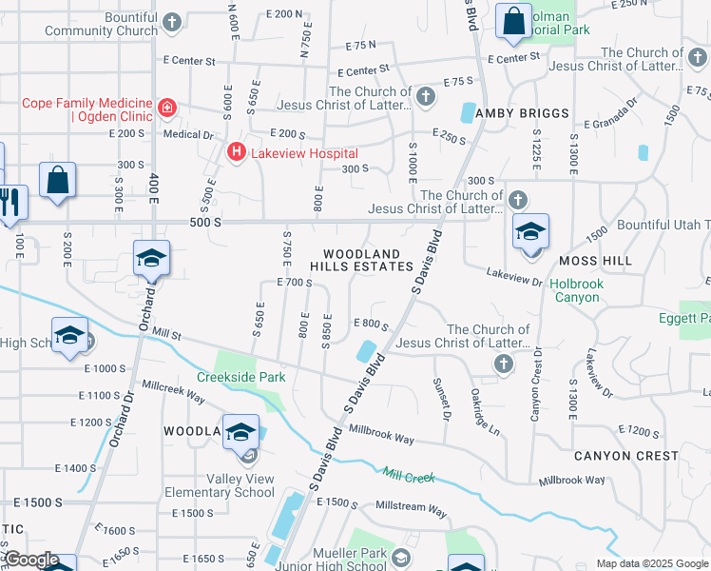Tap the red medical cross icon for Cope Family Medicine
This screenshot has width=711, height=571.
tap(167, 108)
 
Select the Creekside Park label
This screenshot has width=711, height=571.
tap(241, 377)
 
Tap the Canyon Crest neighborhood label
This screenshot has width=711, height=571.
tap(626, 456)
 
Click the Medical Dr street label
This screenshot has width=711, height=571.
tap(188, 134)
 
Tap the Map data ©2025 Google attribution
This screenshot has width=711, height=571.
tap(652, 563)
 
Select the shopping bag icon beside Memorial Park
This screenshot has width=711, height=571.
tap(513, 22)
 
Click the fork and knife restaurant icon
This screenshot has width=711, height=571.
tap(12, 203)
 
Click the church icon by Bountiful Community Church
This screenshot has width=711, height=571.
tap(171, 21)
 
